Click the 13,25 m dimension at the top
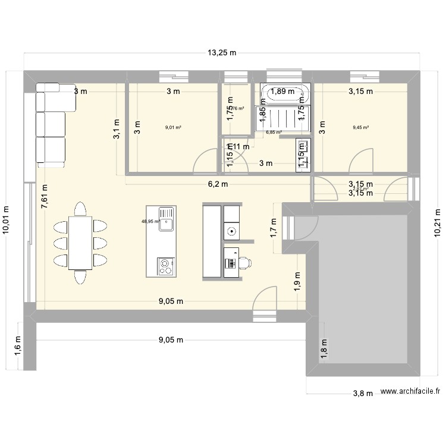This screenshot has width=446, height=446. [x=222, y=53]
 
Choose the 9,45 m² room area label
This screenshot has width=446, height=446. [x=360, y=127]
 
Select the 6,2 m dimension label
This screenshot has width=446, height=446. [x=218, y=184]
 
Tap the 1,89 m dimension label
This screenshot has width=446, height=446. [x=282, y=92]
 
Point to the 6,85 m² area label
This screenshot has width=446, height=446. [x=274, y=133]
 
